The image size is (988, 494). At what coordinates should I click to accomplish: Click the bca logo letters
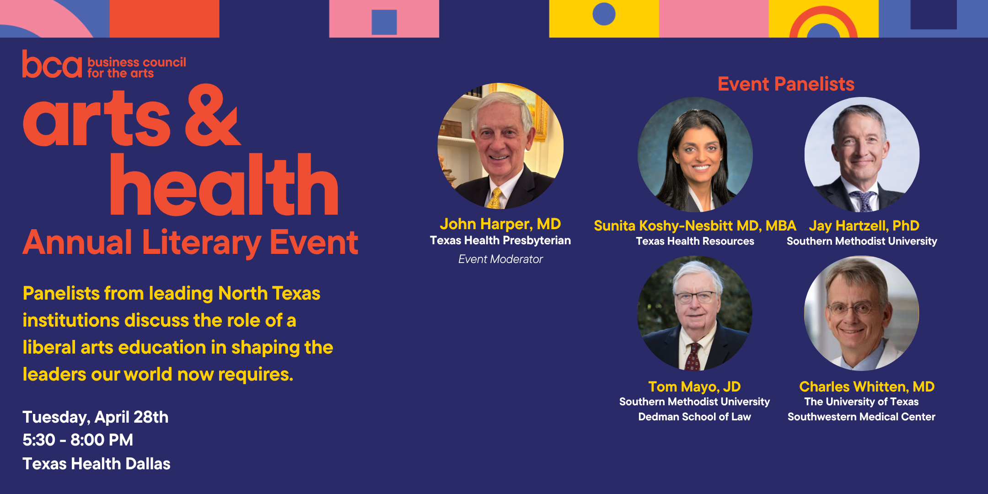(x=52, y=64)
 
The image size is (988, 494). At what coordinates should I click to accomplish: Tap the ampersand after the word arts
(x=212, y=115)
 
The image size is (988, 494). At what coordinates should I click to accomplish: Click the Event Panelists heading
(x=786, y=84)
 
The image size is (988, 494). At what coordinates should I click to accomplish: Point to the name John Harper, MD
(x=500, y=224)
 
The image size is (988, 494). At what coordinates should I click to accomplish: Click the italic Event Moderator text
(x=500, y=259)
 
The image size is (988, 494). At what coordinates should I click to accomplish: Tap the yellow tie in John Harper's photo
(x=495, y=198)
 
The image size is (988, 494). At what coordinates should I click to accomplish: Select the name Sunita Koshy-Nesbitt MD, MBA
(x=695, y=226)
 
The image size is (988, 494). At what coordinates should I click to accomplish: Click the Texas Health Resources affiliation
(x=695, y=241)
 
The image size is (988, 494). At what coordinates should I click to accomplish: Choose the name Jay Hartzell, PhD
(x=864, y=226)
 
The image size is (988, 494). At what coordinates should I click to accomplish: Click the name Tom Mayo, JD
(x=694, y=387)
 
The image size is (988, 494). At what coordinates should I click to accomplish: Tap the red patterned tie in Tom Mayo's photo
(x=693, y=357)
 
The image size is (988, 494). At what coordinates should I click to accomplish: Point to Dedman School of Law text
(x=694, y=417)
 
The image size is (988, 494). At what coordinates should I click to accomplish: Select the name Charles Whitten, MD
(x=867, y=387)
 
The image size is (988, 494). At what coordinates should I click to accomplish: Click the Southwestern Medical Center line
(x=861, y=417)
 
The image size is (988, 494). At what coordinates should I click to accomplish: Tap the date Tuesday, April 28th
(x=96, y=418)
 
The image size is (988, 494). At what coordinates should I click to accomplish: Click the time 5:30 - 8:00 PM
(x=78, y=440)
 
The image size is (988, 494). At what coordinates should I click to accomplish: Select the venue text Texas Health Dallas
(x=97, y=464)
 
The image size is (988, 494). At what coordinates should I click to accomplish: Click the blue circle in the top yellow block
(x=604, y=14)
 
